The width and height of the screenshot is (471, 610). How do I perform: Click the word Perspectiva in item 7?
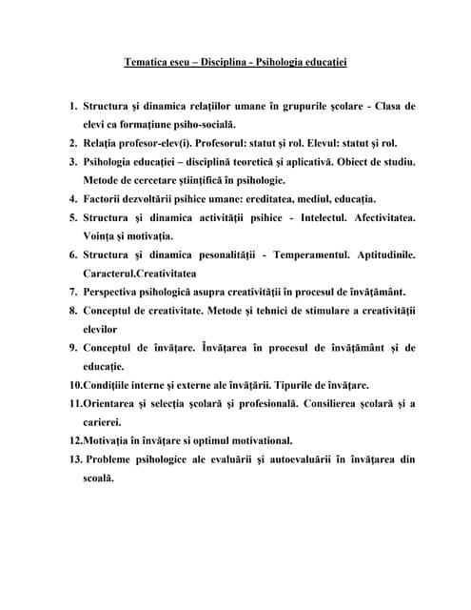click(119, 292)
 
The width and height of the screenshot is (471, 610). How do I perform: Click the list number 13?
click(75, 459)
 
